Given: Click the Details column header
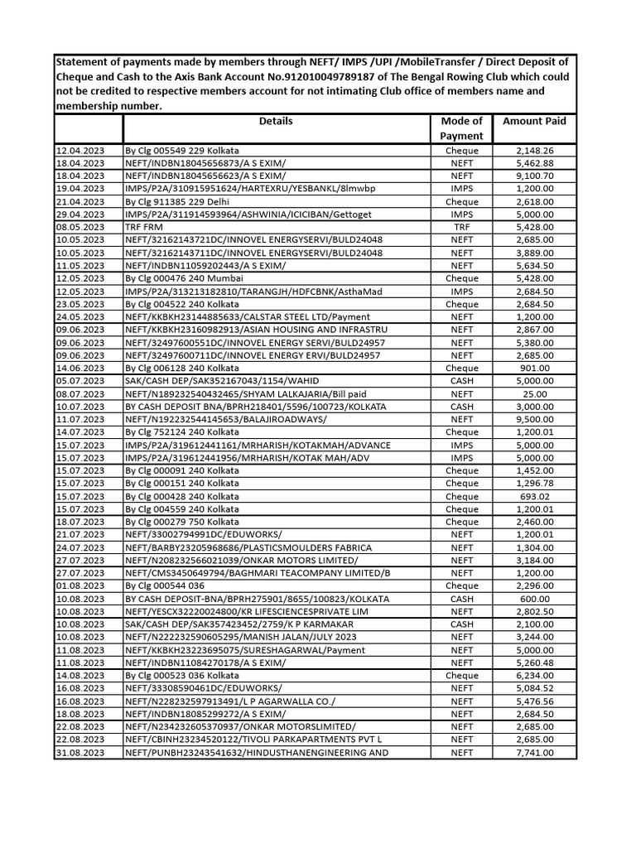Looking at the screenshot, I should (276, 121).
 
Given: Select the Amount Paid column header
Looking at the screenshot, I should (534, 121).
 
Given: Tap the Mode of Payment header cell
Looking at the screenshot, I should (461, 128).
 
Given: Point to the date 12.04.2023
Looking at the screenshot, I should (80, 151).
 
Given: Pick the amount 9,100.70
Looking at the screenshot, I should (534, 176).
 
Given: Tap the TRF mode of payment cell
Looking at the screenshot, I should (461, 227).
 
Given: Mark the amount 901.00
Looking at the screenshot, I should (534, 368).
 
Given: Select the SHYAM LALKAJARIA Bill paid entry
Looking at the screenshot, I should (240, 393).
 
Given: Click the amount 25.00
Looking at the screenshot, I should (534, 393).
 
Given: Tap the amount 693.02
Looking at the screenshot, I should (534, 496).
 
